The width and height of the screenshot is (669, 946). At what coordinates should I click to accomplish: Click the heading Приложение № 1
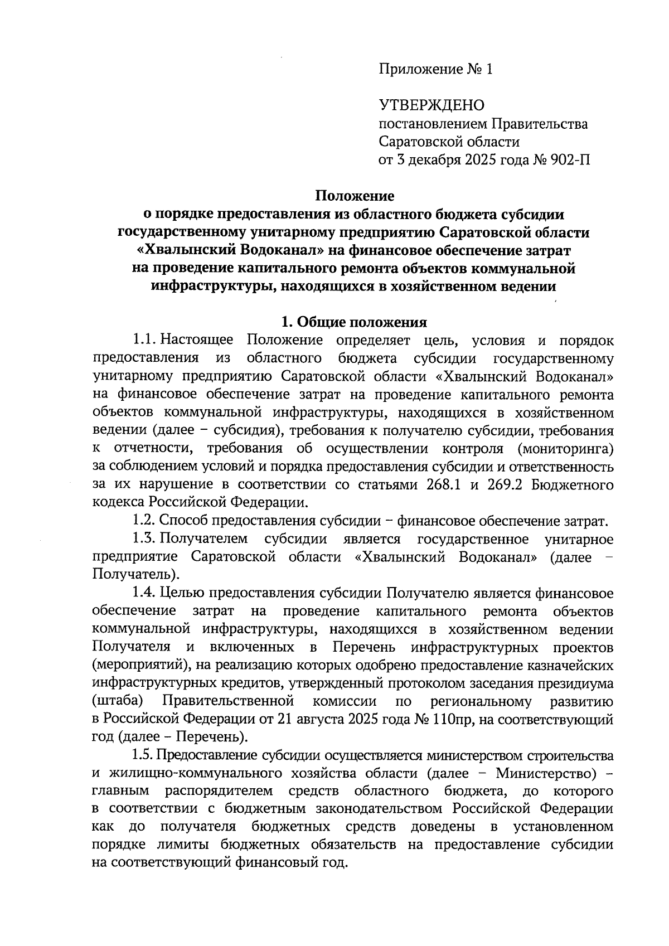[x=436, y=70]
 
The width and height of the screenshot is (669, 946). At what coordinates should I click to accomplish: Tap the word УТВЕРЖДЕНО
[x=432, y=105]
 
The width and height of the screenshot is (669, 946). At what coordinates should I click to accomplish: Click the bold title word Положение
[x=355, y=196]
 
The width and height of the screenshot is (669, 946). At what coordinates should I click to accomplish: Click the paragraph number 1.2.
[x=144, y=521]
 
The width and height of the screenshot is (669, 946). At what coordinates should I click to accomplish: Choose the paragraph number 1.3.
[x=144, y=539]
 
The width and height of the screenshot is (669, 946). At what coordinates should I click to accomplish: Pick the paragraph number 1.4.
[x=144, y=593]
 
